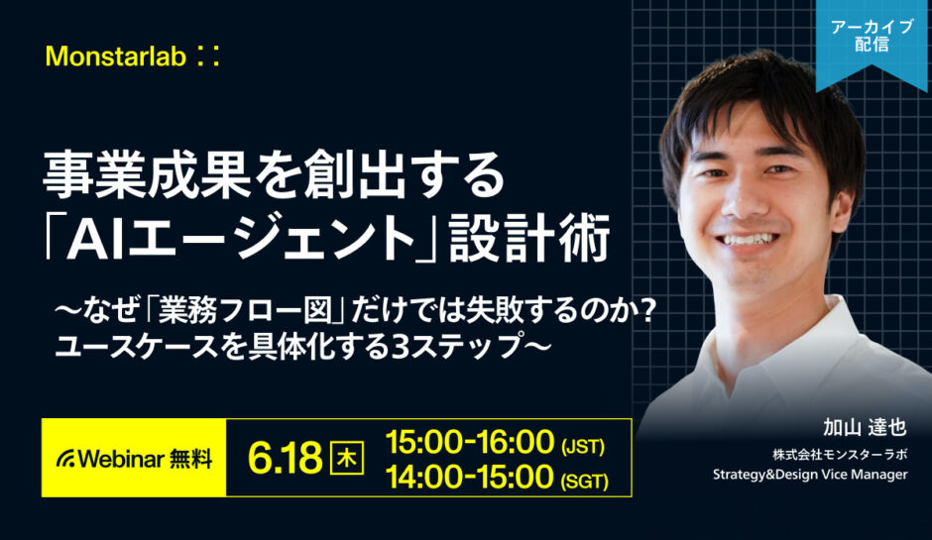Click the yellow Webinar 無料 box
pos(134,458)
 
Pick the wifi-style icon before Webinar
pos(66,460)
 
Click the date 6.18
pos(287,458)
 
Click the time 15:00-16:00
pos(469,440)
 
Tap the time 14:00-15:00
pos(469,477)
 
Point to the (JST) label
pos(582,443)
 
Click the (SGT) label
pos(583,480)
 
